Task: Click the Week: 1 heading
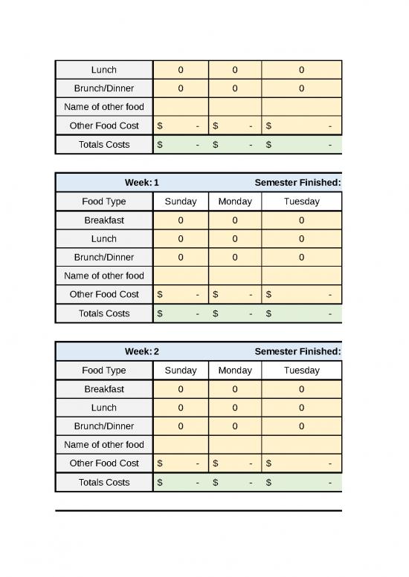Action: pos(141,183)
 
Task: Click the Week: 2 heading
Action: pos(141,351)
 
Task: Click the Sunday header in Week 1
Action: pos(181,201)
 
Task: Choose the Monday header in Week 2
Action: pos(235,370)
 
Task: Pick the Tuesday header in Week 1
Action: pos(301,201)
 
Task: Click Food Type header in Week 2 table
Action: pos(104,370)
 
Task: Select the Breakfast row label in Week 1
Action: pos(104,220)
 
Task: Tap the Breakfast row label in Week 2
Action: pos(104,388)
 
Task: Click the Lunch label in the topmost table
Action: pos(104,70)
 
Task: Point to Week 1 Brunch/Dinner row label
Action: pos(104,257)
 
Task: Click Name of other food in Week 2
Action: pos(104,444)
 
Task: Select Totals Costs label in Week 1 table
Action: pos(104,313)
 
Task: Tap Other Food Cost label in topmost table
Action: pos(104,125)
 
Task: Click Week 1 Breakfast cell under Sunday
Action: pos(181,220)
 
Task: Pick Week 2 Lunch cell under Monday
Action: pos(235,408)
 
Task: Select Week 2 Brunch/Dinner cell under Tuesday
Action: pos(301,426)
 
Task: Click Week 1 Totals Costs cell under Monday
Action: pos(235,313)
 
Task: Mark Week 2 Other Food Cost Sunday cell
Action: pos(181,463)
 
